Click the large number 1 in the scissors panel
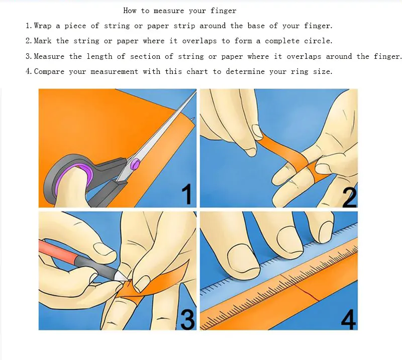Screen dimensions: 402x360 click(187, 194)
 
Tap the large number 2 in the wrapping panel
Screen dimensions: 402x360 click(350, 197)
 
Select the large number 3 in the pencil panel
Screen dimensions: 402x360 click(187, 319)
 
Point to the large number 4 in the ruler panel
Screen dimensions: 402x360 click(348, 319)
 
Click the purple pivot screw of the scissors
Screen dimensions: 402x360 click(135, 163)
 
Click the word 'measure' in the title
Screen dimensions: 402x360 click(169, 11)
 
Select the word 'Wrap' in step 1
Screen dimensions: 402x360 click(43, 26)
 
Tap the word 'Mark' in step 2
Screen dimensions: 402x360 click(43, 41)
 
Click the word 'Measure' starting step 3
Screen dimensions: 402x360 click(49, 56)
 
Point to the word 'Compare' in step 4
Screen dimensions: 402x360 click(49, 71)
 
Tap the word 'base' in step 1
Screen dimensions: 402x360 click(256, 26)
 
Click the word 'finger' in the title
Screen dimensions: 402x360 click(223, 11)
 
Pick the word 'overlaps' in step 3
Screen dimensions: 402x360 click(304, 56)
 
